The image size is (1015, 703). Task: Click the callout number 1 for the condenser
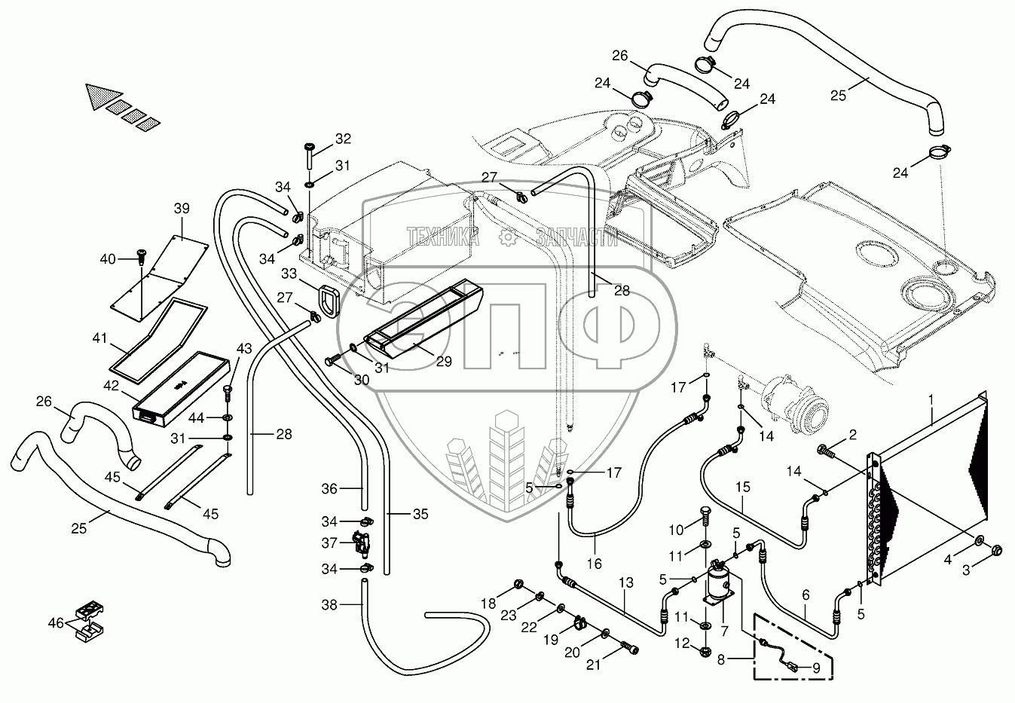click(x=931, y=397)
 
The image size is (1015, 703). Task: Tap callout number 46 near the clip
click(x=56, y=623)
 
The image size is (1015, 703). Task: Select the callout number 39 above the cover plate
click(x=182, y=209)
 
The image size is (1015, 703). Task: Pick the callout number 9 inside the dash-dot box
click(x=815, y=666)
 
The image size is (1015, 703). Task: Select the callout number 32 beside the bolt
click(x=343, y=139)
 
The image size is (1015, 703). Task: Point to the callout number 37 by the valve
click(x=329, y=543)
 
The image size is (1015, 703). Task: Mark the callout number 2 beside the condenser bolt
click(x=852, y=434)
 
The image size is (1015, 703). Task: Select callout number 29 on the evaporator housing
click(x=444, y=362)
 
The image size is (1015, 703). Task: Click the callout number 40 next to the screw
click(x=108, y=258)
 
